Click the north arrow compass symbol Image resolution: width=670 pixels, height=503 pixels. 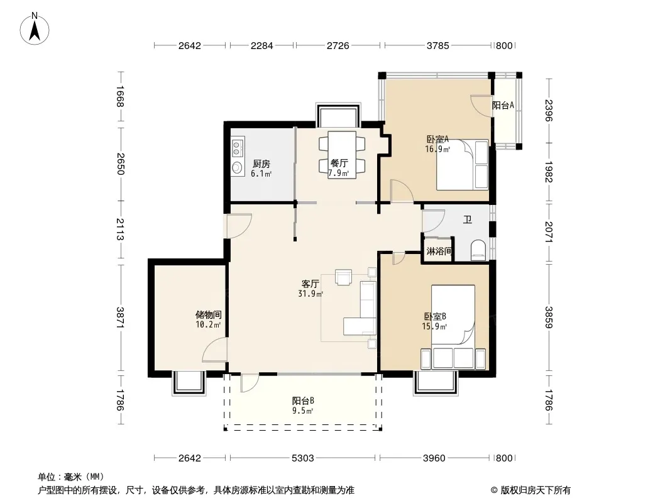(x=35, y=29)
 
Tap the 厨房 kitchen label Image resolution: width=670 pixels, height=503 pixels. (x=261, y=163)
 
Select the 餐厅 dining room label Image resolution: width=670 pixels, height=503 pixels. (x=339, y=163)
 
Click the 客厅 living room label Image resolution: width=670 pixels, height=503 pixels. (x=310, y=284)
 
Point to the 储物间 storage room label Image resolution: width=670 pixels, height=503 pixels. (x=208, y=315)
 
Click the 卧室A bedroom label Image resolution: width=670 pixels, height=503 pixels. (x=437, y=139)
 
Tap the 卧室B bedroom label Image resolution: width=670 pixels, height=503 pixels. (x=435, y=317)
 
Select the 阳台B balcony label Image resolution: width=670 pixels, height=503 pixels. (x=303, y=401)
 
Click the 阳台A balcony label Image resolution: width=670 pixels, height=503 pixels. (x=503, y=105)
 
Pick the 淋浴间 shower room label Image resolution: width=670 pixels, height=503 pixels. (x=439, y=251)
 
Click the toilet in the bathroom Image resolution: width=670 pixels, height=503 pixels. (x=478, y=250)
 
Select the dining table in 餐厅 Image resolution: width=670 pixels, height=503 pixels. (x=342, y=154)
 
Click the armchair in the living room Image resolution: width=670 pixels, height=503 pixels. (x=344, y=277)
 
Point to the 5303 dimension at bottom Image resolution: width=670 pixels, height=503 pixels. (x=302, y=458)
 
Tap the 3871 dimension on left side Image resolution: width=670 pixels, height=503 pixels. (x=119, y=318)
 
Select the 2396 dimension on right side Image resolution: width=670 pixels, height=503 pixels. (x=549, y=110)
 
